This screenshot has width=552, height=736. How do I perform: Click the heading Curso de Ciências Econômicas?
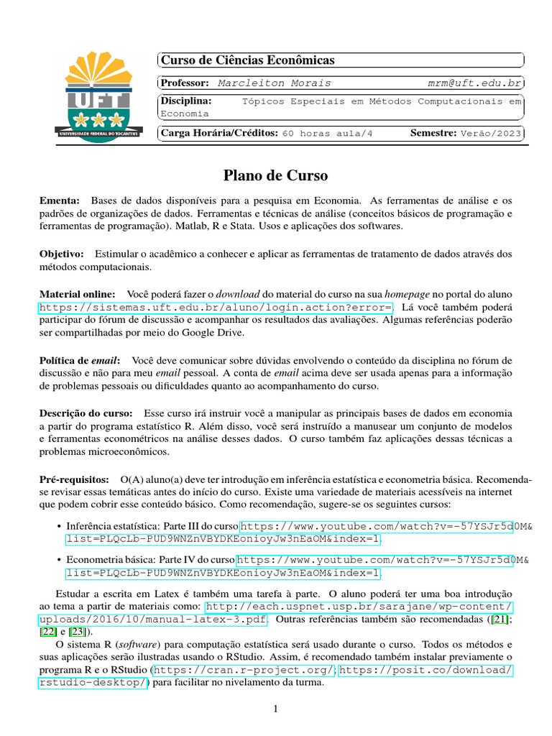(247, 60)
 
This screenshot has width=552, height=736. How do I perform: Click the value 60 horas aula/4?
(328, 134)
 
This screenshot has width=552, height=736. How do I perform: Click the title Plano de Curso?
(275, 175)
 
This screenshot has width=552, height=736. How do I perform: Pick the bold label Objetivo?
(62, 254)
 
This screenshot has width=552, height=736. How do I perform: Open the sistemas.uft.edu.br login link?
(216, 308)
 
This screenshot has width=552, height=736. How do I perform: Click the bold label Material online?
(77, 295)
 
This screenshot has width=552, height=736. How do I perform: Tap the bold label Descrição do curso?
(86, 414)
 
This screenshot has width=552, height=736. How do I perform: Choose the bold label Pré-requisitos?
(73, 479)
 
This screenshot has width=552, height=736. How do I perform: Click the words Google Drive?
(214, 333)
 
